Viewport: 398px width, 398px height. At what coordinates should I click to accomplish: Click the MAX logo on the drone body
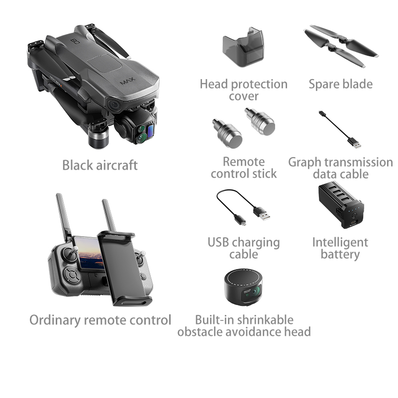(127, 81)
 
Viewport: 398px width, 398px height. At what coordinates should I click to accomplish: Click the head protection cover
(243, 47)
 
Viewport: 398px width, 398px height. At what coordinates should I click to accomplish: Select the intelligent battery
(341, 204)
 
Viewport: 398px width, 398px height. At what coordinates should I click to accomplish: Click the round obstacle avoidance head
(243, 287)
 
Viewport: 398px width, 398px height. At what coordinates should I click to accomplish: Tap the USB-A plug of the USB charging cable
(262, 213)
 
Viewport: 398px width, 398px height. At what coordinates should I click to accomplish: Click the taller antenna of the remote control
(63, 217)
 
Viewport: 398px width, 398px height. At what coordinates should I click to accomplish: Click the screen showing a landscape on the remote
(90, 253)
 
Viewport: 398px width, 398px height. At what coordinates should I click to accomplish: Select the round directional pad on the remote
(72, 275)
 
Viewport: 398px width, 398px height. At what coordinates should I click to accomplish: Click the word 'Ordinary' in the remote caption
(55, 320)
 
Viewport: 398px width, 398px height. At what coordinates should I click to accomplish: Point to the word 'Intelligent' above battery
(340, 242)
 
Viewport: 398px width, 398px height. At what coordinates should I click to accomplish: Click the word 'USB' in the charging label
(218, 242)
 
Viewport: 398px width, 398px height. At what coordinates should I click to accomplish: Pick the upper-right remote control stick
(260, 121)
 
